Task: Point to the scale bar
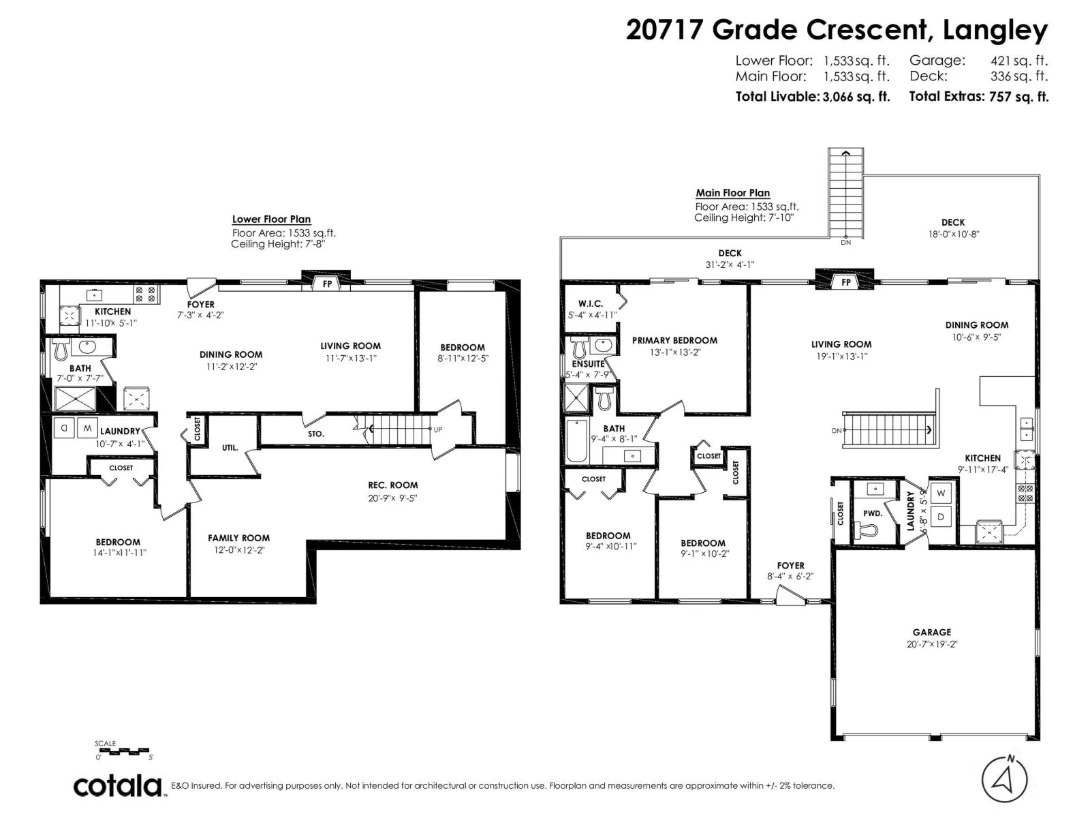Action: pyautogui.click(x=123, y=752)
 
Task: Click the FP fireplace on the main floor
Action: pyautogui.click(x=845, y=282)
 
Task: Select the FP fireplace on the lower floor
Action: pyautogui.click(x=327, y=284)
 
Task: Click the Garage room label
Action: pyautogui.click(x=931, y=632)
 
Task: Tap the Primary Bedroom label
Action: pyautogui.click(x=674, y=340)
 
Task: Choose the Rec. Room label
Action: pyautogui.click(x=392, y=485)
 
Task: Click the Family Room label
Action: pyautogui.click(x=238, y=538)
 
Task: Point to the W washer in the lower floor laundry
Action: pyautogui.click(x=87, y=429)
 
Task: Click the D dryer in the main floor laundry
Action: pyautogui.click(x=941, y=517)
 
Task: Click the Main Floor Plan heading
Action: pyautogui.click(x=732, y=193)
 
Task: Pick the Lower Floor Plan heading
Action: pyautogui.click(x=271, y=219)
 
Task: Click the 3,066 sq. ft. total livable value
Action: pyautogui.click(x=856, y=97)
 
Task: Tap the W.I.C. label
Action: pyautogui.click(x=590, y=303)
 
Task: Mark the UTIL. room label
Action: pyautogui.click(x=230, y=448)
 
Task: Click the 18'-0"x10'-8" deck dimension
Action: pyautogui.click(x=952, y=234)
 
